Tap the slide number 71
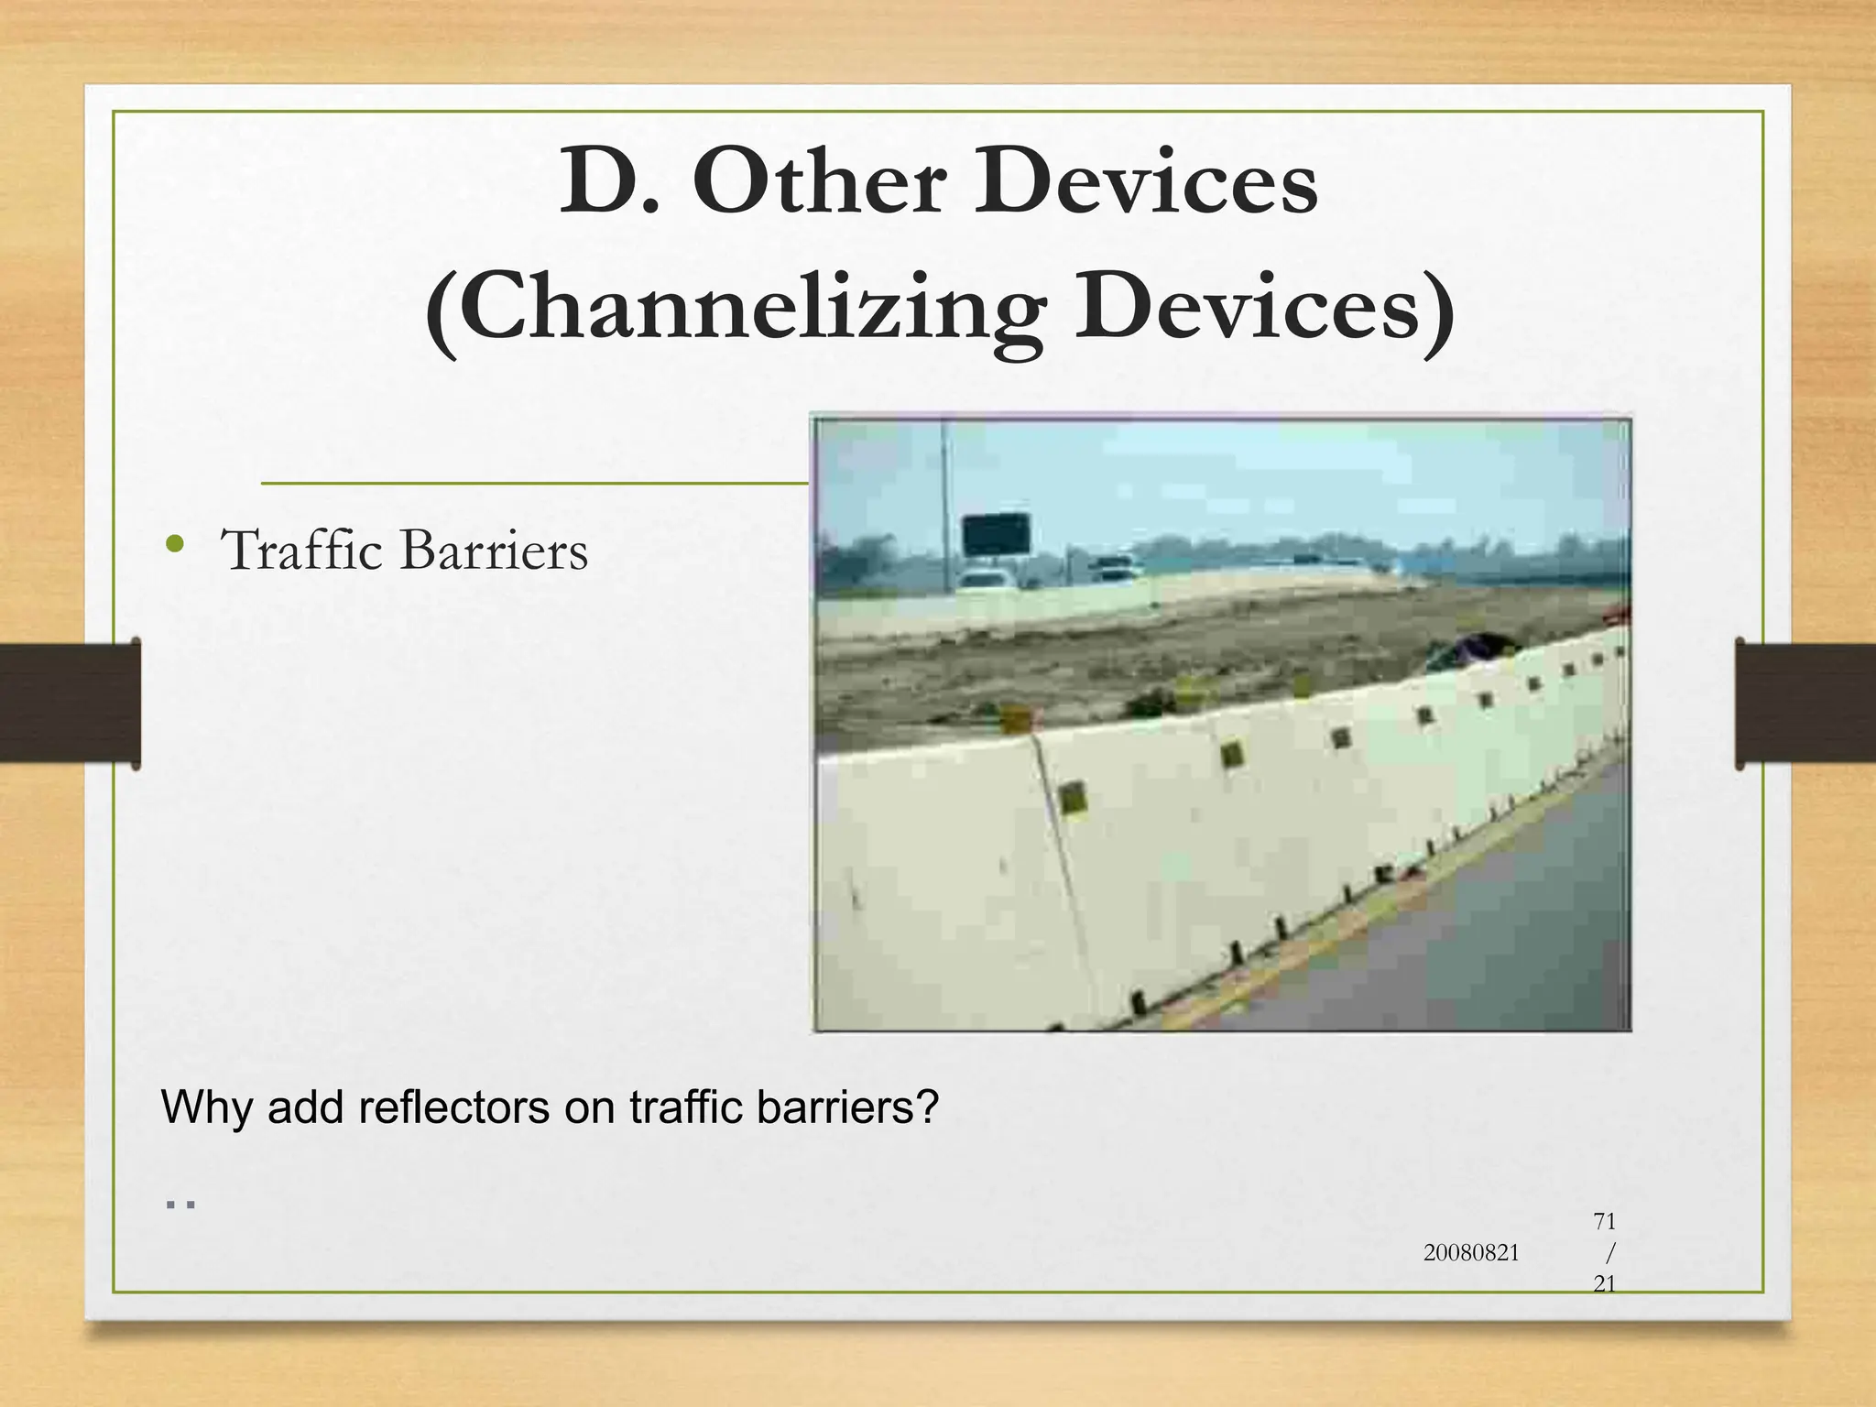[1604, 1221]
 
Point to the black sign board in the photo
[996, 534]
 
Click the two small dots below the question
[180, 1205]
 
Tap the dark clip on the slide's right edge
[1805, 703]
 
